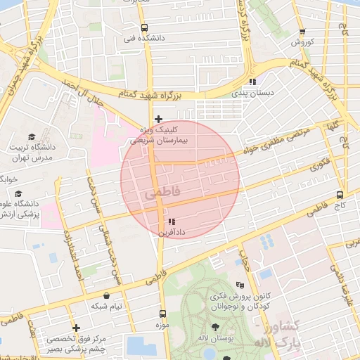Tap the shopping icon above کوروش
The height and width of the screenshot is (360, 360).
point(302,32)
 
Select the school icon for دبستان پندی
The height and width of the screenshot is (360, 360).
point(254,82)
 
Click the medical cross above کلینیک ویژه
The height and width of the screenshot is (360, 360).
point(158,119)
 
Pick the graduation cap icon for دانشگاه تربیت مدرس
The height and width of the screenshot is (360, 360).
point(31,136)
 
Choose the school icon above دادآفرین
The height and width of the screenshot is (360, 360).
point(172,221)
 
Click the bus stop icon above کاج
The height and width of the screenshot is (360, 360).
point(340,194)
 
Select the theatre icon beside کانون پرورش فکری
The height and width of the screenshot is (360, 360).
point(240,285)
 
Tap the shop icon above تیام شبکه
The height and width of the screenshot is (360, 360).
point(106,296)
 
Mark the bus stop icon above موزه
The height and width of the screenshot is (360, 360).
point(162,314)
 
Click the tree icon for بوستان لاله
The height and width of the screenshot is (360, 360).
point(215,328)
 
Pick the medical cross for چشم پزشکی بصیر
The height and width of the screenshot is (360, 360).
point(76,328)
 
